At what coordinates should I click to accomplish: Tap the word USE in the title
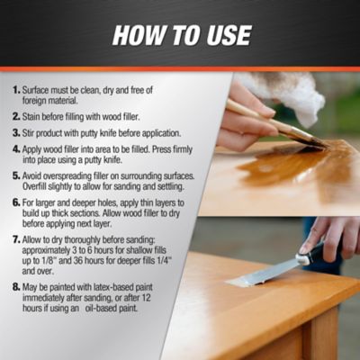tap(226, 35)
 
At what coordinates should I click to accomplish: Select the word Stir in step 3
tap(33, 131)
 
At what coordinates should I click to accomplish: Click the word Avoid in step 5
tap(37, 176)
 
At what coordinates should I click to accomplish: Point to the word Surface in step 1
tap(41, 91)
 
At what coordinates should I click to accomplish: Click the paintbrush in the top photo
tap(270, 122)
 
